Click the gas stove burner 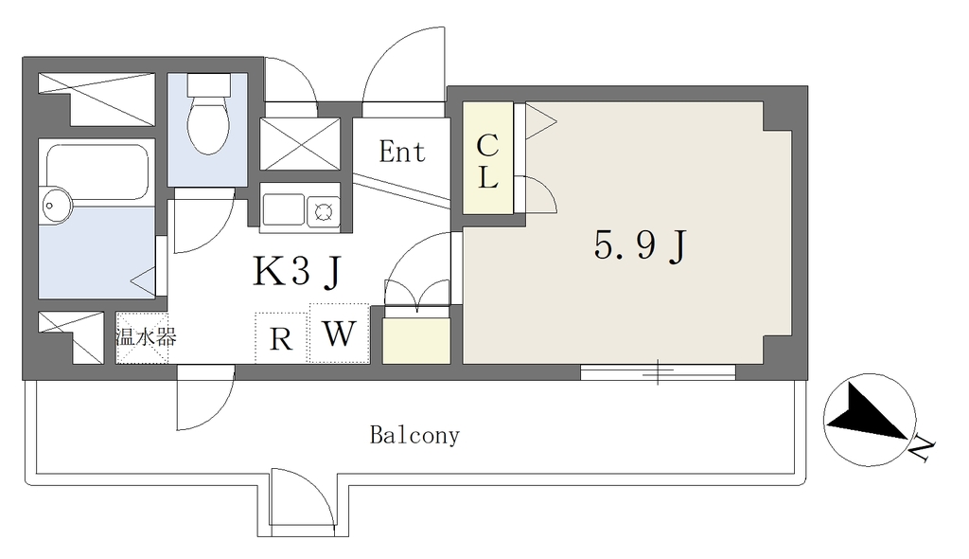[324, 211]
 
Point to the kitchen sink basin [283, 209]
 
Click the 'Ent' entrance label [402, 152]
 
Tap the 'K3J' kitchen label [297, 271]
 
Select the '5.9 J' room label [641, 245]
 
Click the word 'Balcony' [414, 435]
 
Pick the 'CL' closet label [487, 161]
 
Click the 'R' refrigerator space [281, 338]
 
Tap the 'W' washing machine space [340, 334]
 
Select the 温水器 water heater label [147, 336]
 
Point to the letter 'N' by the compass [922, 449]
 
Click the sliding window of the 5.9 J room [658, 372]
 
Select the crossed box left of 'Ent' [300, 144]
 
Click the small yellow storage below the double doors [416, 340]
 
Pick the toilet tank [208, 83]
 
